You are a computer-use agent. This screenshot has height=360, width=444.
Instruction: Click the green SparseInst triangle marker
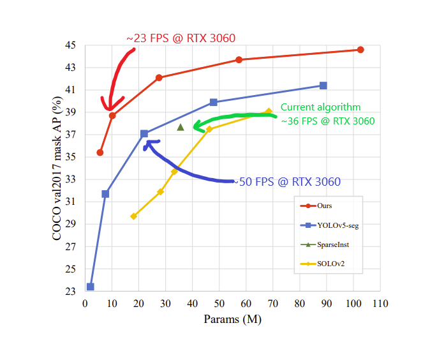(x=181, y=127)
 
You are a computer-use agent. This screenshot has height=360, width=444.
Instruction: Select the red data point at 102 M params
(x=360, y=50)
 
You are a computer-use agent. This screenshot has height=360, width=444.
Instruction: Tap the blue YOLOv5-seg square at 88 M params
(x=323, y=86)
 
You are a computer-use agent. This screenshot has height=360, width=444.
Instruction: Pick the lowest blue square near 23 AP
(x=91, y=287)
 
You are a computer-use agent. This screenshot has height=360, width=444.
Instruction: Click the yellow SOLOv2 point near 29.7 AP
(x=133, y=216)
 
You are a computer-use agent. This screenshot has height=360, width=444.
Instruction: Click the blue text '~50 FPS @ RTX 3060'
(x=287, y=182)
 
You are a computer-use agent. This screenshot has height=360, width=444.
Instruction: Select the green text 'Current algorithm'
(x=321, y=107)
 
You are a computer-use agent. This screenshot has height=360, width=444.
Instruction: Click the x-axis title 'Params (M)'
(x=232, y=319)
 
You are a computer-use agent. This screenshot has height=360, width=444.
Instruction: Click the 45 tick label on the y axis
(x=70, y=45)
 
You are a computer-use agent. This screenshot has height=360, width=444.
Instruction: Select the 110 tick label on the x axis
(x=380, y=304)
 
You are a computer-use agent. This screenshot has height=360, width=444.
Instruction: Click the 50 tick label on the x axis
(x=219, y=304)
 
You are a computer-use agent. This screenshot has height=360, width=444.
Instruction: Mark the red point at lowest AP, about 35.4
(x=100, y=153)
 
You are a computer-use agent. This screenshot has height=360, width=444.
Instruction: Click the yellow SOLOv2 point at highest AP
(x=269, y=112)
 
